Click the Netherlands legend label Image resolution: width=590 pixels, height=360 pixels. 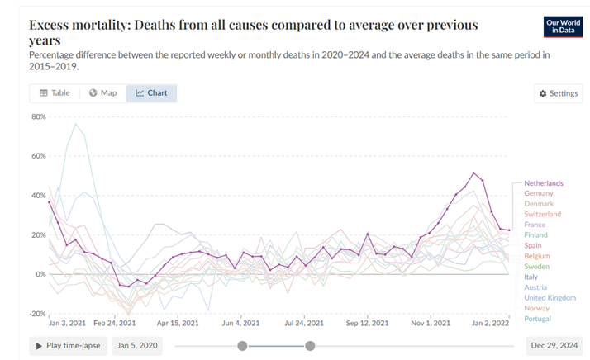[x=543, y=182]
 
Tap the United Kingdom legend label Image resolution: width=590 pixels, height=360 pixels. [x=550, y=298]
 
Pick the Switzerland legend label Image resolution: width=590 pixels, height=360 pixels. [x=542, y=214]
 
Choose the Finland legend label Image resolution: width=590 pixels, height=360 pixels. [x=535, y=235]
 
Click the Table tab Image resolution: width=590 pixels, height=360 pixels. [x=55, y=93]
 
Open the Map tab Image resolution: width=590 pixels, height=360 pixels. [x=103, y=93]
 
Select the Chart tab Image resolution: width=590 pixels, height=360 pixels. [x=151, y=93]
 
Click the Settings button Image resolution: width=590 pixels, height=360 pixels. [x=558, y=93]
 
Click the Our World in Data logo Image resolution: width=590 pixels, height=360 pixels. [x=564, y=26]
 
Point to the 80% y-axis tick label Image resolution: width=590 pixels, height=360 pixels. [x=38, y=116]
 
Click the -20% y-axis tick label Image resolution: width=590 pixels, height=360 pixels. [x=36, y=314]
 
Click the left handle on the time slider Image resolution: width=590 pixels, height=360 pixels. [x=242, y=346]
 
